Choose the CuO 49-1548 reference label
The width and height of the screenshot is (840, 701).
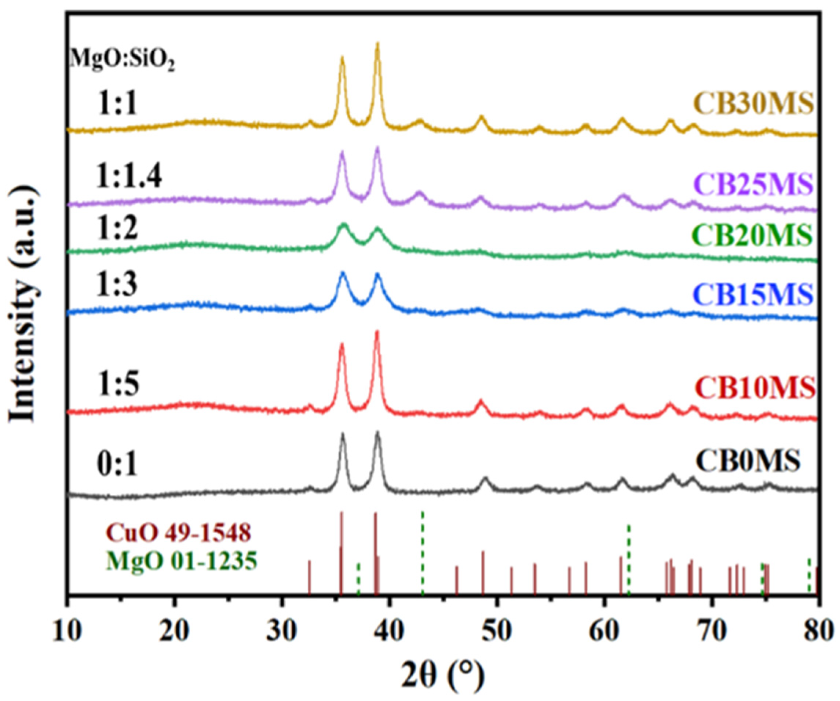[178, 532]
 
